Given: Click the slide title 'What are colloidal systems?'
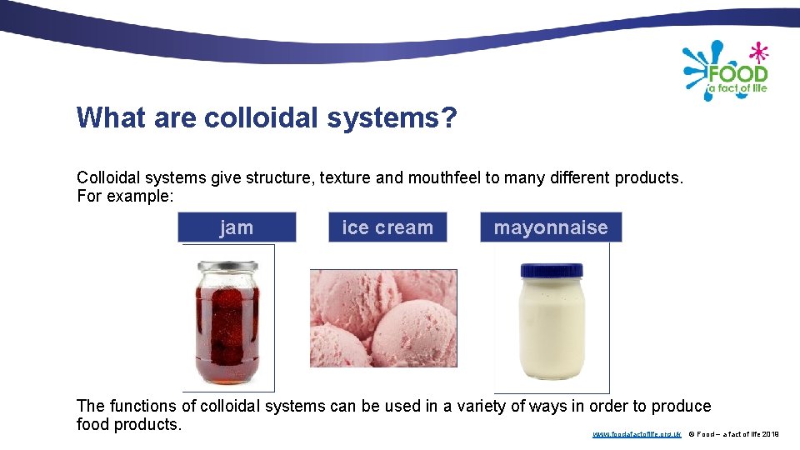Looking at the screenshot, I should (x=267, y=118).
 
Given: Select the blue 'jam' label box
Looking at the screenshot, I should (x=237, y=227).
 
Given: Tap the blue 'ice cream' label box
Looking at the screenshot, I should (x=387, y=227).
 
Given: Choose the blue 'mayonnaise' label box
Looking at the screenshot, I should (x=551, y=227).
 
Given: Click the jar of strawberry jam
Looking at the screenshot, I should (x=228, y=329).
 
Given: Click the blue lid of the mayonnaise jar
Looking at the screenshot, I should (x=552, y=270).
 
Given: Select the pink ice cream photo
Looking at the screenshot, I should (x=383, y=317).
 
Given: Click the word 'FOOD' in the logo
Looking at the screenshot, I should (x=737, y=72).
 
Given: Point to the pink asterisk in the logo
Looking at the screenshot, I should (x=758, y=52).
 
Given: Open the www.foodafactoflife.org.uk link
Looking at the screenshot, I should (x=637, y=434).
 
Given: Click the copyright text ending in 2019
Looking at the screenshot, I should (x=733, y=434).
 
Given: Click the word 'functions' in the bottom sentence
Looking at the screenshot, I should (x=142, y=406).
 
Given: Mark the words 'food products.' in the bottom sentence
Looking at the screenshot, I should (x=128, y=424).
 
